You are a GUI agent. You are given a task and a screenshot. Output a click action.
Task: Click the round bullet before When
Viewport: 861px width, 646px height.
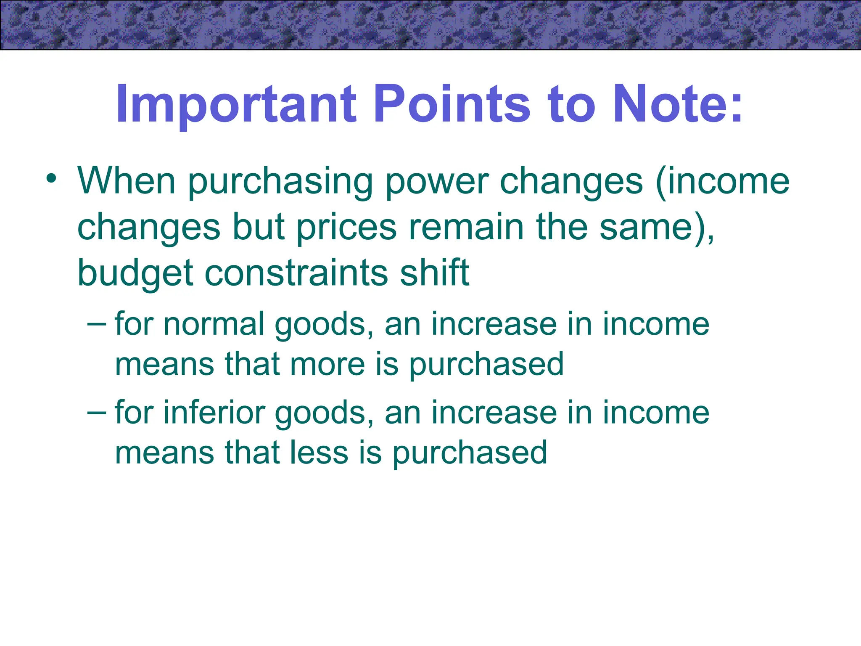pos(51,178)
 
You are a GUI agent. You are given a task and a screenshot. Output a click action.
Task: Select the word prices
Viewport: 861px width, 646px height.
pos(346,228)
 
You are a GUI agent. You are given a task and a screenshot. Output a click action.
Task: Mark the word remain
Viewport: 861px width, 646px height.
pos(467,228)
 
